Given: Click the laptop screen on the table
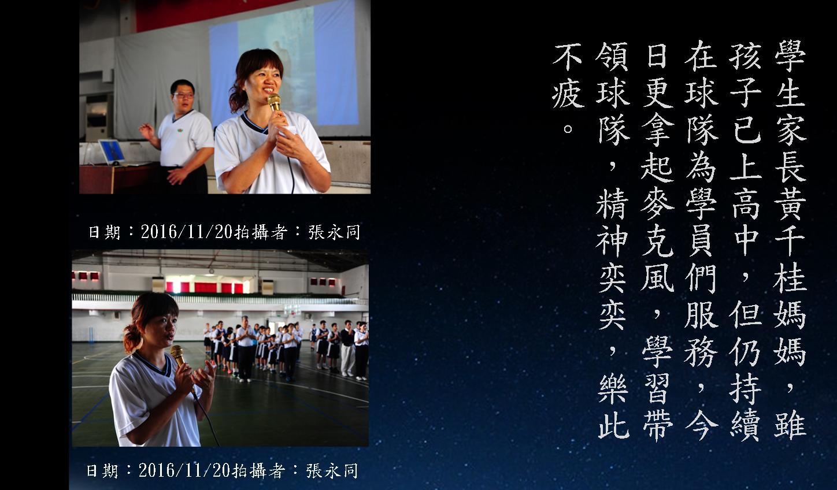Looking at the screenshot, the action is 112,151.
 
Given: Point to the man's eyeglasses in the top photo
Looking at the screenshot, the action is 183,95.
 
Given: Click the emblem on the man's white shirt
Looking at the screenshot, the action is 182,131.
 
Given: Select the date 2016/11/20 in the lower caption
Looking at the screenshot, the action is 184,470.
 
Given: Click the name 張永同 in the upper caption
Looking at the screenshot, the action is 334,232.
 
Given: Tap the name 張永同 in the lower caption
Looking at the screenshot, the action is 332,470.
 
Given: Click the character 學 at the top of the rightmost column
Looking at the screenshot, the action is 790,56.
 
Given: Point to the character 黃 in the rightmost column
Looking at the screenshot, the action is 790,203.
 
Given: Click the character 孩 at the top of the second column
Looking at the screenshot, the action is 745,56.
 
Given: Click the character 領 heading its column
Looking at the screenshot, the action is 612,56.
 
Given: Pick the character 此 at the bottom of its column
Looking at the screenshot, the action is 613,425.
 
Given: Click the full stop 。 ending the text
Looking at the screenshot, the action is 568,129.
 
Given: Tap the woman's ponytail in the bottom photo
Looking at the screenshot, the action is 132,339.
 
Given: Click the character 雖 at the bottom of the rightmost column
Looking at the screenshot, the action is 790,425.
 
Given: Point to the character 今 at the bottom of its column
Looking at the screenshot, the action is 701,425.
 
